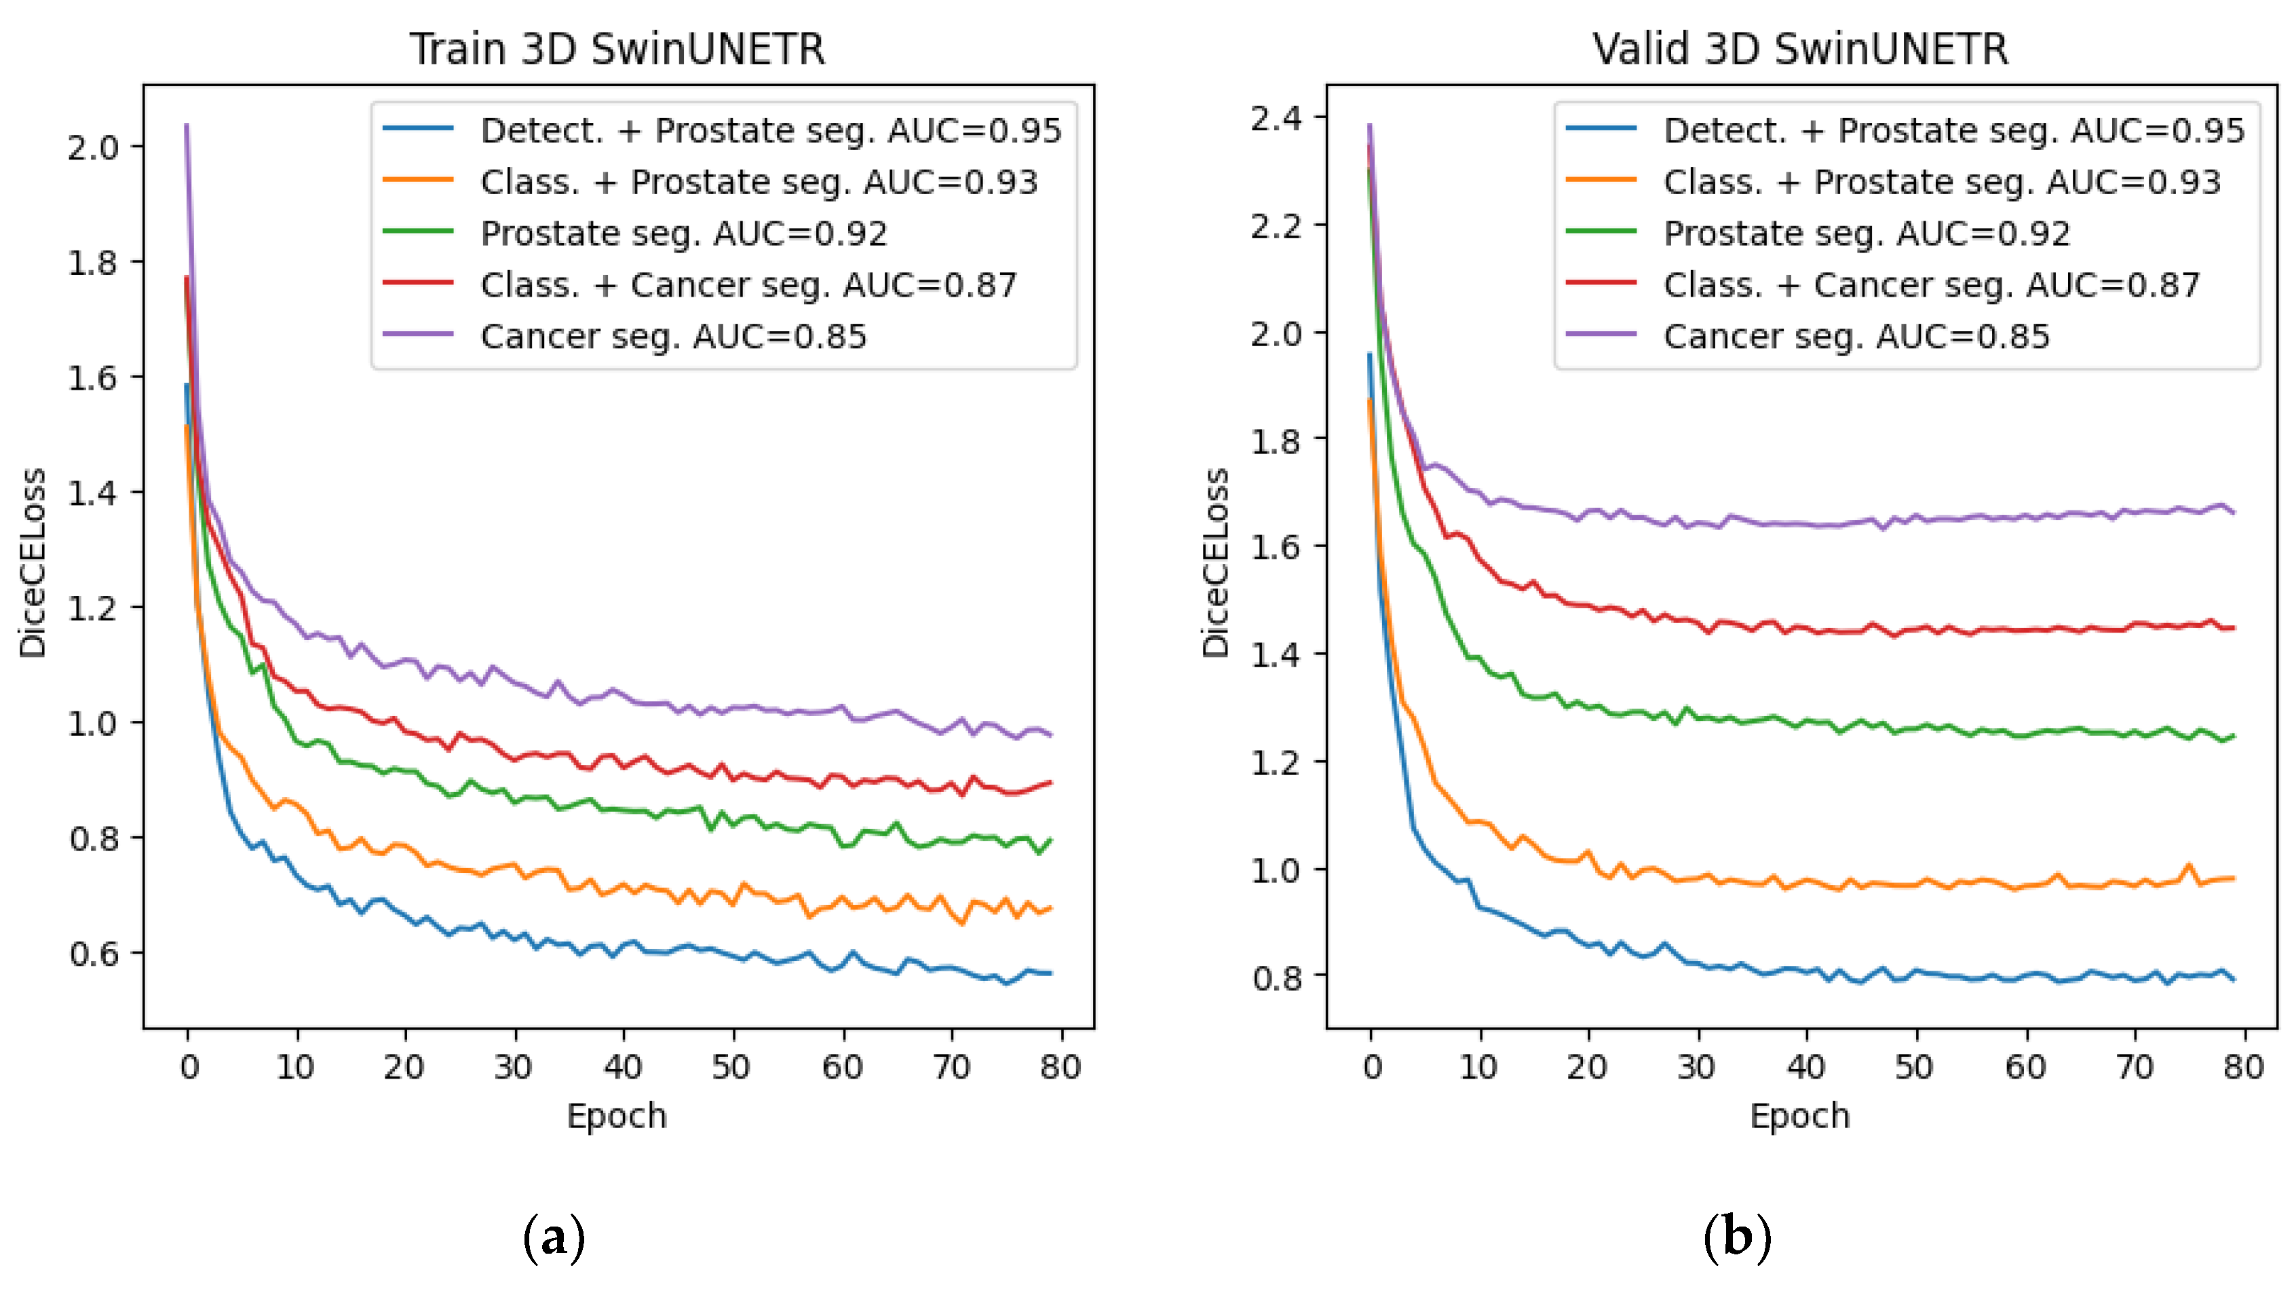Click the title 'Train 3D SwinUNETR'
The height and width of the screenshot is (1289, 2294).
[616, 49]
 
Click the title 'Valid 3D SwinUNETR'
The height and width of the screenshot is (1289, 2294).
[1800, 49]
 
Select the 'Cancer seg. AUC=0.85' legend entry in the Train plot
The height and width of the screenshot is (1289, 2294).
[672, 337]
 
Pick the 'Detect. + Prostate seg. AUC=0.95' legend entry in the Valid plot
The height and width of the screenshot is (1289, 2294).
[1954, 131]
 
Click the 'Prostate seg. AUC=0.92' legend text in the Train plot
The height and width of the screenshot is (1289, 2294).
[683, 233]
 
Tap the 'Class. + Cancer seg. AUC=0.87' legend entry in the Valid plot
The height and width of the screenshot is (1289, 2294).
[1931, 285]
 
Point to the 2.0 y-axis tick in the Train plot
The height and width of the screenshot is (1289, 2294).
[92, 147]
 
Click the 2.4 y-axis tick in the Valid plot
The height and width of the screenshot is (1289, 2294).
[1276, 117]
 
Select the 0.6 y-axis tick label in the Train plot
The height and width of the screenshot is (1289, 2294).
[92, 954]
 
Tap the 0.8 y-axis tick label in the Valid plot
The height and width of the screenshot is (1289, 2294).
[1276, 978]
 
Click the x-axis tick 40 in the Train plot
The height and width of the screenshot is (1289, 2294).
[622, 1066]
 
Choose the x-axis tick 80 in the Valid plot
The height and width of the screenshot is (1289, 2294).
[2243, 1066]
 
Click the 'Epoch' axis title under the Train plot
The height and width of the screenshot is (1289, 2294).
[616, 1116]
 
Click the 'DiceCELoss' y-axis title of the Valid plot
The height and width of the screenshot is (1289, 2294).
[1216, 563]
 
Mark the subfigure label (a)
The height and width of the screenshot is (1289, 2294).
[554, 1237]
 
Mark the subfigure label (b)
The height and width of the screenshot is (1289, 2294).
[1736, 1237]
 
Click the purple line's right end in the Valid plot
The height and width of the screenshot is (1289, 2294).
[2234, 512]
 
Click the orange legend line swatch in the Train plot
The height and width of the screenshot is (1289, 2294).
[419, 181]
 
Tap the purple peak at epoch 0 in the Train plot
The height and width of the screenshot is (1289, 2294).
[187, 126]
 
